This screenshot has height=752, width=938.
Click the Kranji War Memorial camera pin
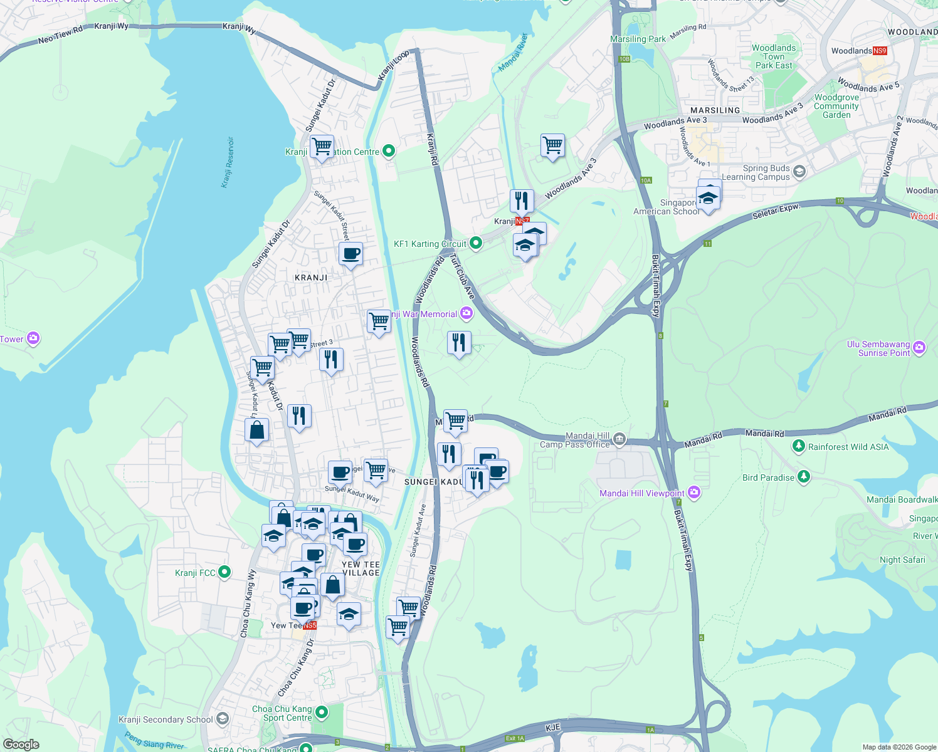(466, 313)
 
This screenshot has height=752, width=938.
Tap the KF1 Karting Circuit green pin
(475, 243)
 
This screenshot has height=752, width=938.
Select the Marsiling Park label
(638, 39)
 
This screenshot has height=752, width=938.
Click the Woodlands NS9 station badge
(879, 51)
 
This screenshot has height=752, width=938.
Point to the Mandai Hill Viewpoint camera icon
(693, 493)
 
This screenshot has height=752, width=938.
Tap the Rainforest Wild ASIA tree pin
(798, 446)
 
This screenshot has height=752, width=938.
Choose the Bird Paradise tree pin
(803, 477)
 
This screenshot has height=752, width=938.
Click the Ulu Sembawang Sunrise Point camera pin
(919, 347)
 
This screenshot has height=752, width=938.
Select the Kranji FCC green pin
(224, 572)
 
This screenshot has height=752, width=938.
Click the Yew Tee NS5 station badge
(310, 625)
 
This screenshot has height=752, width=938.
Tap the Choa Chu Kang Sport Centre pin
(322, 713)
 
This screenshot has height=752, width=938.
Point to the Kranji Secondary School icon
(223, 719)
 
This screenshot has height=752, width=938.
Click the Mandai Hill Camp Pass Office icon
(619, 439)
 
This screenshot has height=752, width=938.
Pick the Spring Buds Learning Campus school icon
(799, 171)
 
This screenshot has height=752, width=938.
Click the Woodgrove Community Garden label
(836, 106)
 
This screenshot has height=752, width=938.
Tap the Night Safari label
(902, 560)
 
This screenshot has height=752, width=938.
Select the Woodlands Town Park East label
(774, 56)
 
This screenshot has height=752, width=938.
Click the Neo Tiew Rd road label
(60, 35)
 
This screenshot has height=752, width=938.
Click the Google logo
(21, 744)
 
